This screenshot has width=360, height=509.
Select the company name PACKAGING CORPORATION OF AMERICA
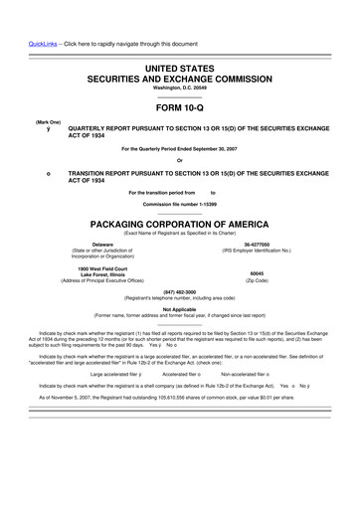click(x=179, y=226)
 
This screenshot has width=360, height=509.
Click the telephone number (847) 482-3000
click(x=179, y=291)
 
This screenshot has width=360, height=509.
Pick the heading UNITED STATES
click(x=179, y=63)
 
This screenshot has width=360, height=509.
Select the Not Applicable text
click(x=179, y=308)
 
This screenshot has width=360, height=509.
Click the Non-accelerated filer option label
click(x=250, y=374)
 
